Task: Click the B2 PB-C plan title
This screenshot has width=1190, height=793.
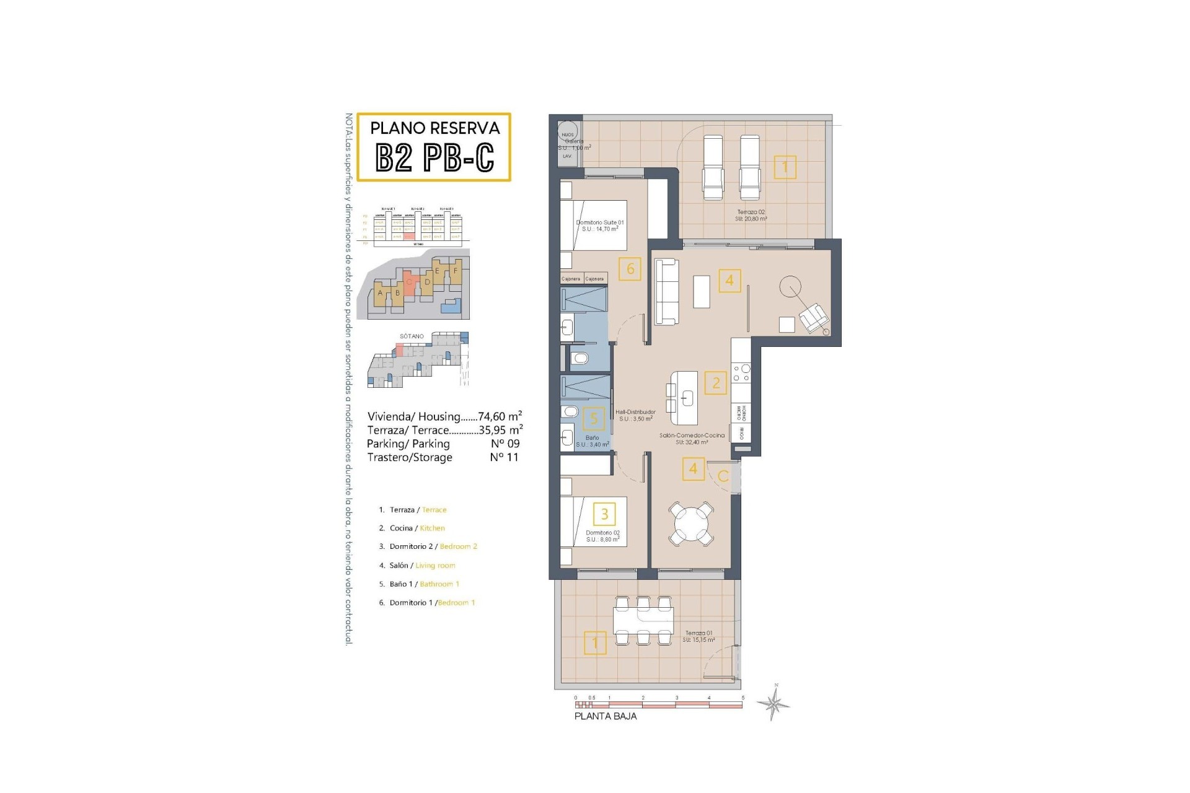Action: click(434, 157)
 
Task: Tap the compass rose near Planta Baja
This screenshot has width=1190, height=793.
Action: click(773, 703)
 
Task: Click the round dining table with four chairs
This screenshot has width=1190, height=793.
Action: click(690, 524)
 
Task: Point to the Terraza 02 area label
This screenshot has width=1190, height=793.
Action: click(751, 215)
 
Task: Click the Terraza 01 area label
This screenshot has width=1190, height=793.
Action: click(699, 636)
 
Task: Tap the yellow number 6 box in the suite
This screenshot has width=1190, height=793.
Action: click(630, 269)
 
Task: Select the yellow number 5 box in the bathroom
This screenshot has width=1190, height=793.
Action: click(594, 419)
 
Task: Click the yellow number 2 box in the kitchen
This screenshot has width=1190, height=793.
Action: click(716, 383)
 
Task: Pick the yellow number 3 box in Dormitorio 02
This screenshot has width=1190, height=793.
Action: click(604, 513)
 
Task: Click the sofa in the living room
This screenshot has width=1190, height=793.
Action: click(667, 291)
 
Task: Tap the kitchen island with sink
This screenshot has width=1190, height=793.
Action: click(684, 398)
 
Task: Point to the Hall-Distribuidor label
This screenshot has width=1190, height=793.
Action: click(635, 415)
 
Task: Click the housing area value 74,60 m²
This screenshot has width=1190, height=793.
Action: click(500, 416)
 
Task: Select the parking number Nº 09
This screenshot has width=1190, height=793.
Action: click(505, 444)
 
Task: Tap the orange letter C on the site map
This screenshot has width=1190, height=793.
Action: click(409, 282)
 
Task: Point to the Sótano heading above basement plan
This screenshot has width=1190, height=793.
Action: click(412, 336)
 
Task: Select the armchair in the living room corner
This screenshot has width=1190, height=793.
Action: click(813, 318)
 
